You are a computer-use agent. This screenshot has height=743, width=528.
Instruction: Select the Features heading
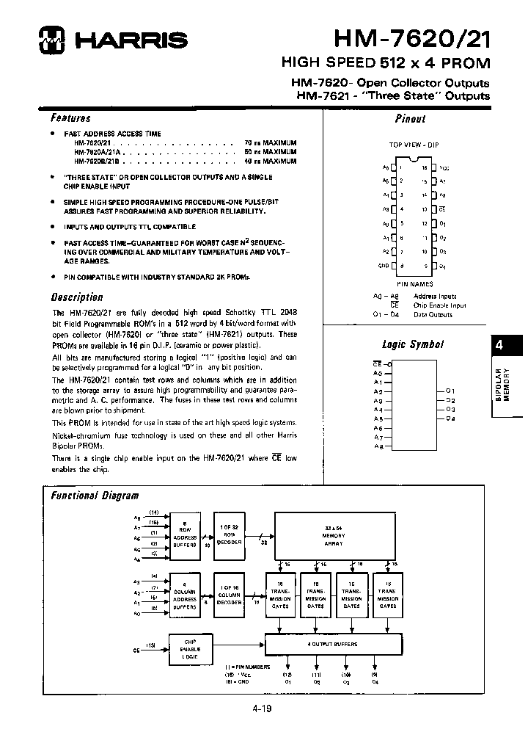pos(70,117)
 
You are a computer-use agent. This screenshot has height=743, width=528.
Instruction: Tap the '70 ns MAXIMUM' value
pos(270,142)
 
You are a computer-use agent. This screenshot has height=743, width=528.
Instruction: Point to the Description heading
pos(76,297)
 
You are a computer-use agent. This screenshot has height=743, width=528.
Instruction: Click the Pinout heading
pos(410,118)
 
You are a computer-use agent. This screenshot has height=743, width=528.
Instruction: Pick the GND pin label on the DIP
pos(383,265)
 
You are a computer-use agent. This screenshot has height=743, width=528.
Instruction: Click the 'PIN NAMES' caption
pos(414,283)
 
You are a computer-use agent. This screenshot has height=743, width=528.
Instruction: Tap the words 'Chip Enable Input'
pos(439,305)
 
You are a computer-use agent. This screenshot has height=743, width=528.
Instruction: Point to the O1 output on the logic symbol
pos(450,390)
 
